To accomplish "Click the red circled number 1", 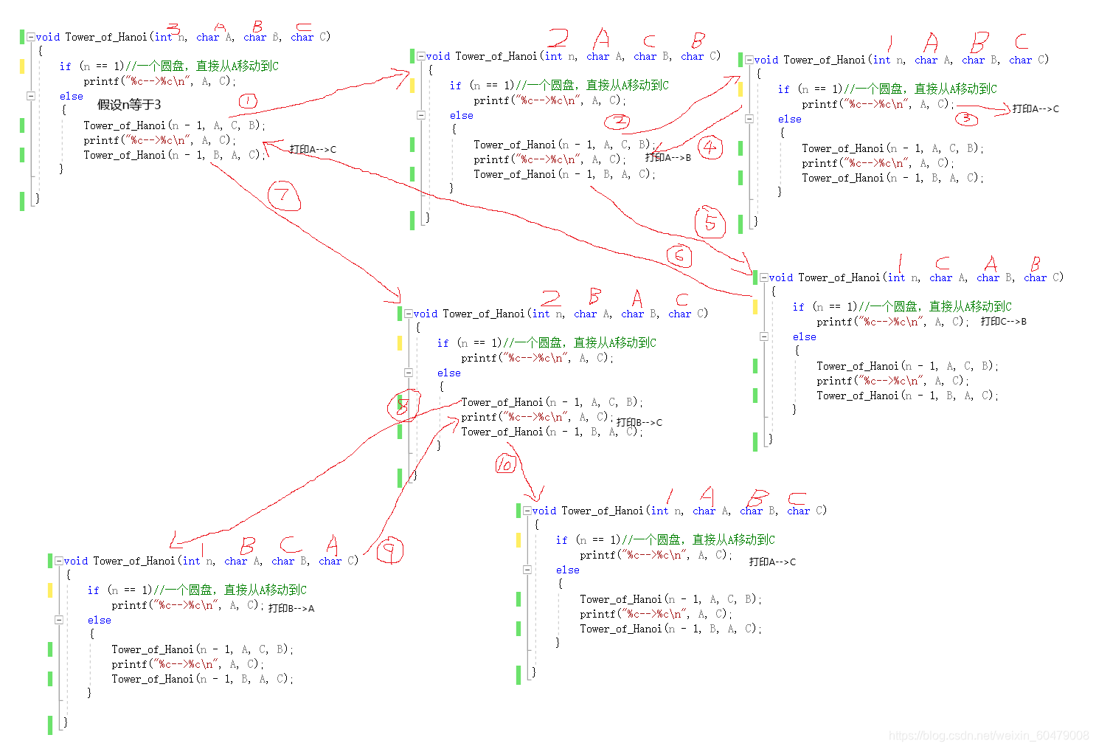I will [x=248, y=101].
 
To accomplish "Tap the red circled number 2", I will [x=617, y=121].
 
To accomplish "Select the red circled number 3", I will [x=966, y=118].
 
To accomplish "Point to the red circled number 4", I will [x=710, y=147].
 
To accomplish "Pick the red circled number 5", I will [x=710, y=222].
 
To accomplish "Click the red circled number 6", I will [x=679, y=256].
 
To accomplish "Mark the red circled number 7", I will [x=284, y=196].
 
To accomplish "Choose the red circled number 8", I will [x=403, y=405].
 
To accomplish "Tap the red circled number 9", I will [x=389, y=550].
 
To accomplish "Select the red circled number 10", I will [x=505, y=464].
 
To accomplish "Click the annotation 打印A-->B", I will [x=668, y=157].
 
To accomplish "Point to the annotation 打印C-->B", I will [x=1004, y=322].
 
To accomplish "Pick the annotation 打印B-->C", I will [x=639, y=423].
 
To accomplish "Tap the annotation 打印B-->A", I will [x=291, y=609].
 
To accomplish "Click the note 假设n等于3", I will [x=129, y=105].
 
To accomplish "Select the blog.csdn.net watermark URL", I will [x=988, y=736].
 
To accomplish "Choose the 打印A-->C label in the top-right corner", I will [x=1036, y=109].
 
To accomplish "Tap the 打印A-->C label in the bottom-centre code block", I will [x=772, y=562].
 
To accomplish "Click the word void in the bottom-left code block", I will [x=76, y=562].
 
